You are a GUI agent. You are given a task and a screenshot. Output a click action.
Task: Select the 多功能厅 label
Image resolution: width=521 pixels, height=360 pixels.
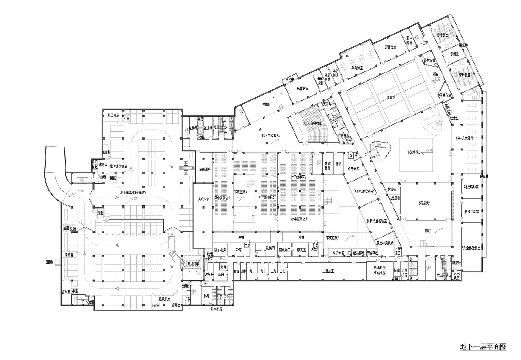tap(424, 203)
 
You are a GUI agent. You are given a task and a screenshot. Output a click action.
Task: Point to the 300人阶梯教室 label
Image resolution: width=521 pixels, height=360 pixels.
tap(312, 123)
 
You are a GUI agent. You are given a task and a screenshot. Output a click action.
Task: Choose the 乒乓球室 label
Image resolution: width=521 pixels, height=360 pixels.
tap(357, 68)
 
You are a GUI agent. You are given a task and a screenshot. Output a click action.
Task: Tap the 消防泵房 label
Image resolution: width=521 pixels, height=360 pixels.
tap(205, 169)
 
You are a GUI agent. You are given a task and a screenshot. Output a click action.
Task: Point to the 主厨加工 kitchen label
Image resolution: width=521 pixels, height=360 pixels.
tap(328, 271)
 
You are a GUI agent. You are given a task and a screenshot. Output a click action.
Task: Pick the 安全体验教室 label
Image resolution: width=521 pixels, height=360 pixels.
tap(472, 248)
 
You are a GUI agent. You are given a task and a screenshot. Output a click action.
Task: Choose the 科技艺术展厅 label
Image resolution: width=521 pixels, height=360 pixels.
tap(464, 138)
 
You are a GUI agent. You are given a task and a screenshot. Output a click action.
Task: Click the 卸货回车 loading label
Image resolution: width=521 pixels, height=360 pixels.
tap(193, 263)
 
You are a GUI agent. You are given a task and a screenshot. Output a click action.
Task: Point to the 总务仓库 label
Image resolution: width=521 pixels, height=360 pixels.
tap(353, 169)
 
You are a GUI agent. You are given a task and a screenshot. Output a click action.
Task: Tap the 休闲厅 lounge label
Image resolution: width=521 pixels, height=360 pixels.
tap(266, 104)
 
